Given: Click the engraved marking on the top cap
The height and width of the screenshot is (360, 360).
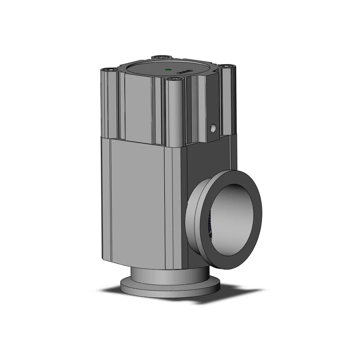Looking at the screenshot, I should pyautogui.click(x=186, y=72).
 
